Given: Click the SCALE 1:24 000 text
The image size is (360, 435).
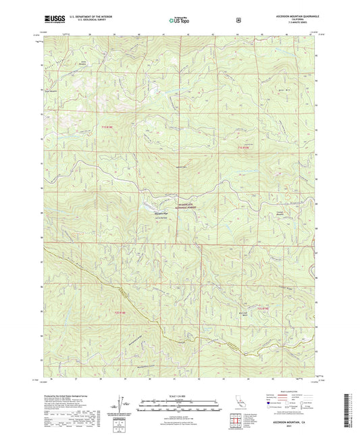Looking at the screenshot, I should (179, 396).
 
